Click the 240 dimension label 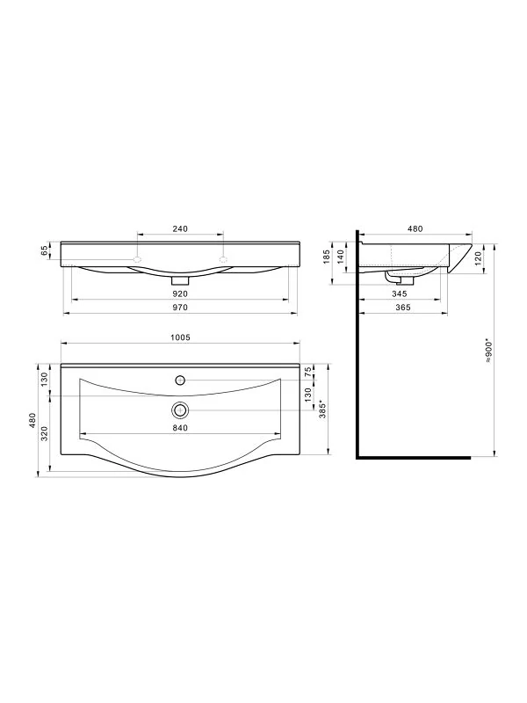(x=180, y=228)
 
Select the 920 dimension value (x=180, y=294)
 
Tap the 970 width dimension (x=180, y=308)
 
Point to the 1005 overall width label (x=180, y=337)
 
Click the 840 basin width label (x=180, y=428)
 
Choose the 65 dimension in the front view (x=45, y=250)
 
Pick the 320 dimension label (x=45, y=433)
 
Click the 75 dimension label (x=307, y=372)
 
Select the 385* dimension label (x=322, y=409)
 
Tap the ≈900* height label (x=489, y=351)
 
